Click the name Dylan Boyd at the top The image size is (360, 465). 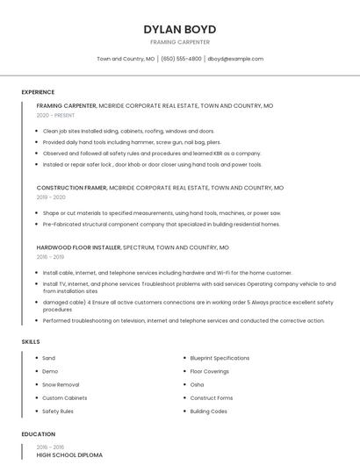(x=179, y=29)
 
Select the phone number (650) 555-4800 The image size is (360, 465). (x=181, y=59)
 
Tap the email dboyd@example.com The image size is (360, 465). (x=235, y=59)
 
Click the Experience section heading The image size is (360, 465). (x=38, y=92)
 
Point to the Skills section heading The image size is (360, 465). (x=30, y=341)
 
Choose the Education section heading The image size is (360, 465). (x=37, y=434)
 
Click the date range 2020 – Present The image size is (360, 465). (x=55, y=115)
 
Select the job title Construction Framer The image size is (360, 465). (x=72, y=188)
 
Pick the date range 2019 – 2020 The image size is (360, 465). (x=51, y=197)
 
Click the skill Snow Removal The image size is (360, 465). (x=61, y=384)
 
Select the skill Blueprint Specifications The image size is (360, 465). (x=220, y=358)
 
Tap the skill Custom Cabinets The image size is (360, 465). (x=65, y=397)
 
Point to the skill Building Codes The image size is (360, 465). (x=208, y=411)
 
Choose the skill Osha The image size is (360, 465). (x=197, y=384)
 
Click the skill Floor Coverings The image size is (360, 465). (x=210, y=371)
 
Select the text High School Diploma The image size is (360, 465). (x=69, y=455)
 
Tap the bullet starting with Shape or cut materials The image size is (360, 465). (x=162, y=213)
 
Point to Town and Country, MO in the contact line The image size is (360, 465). (x=126, y=59)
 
